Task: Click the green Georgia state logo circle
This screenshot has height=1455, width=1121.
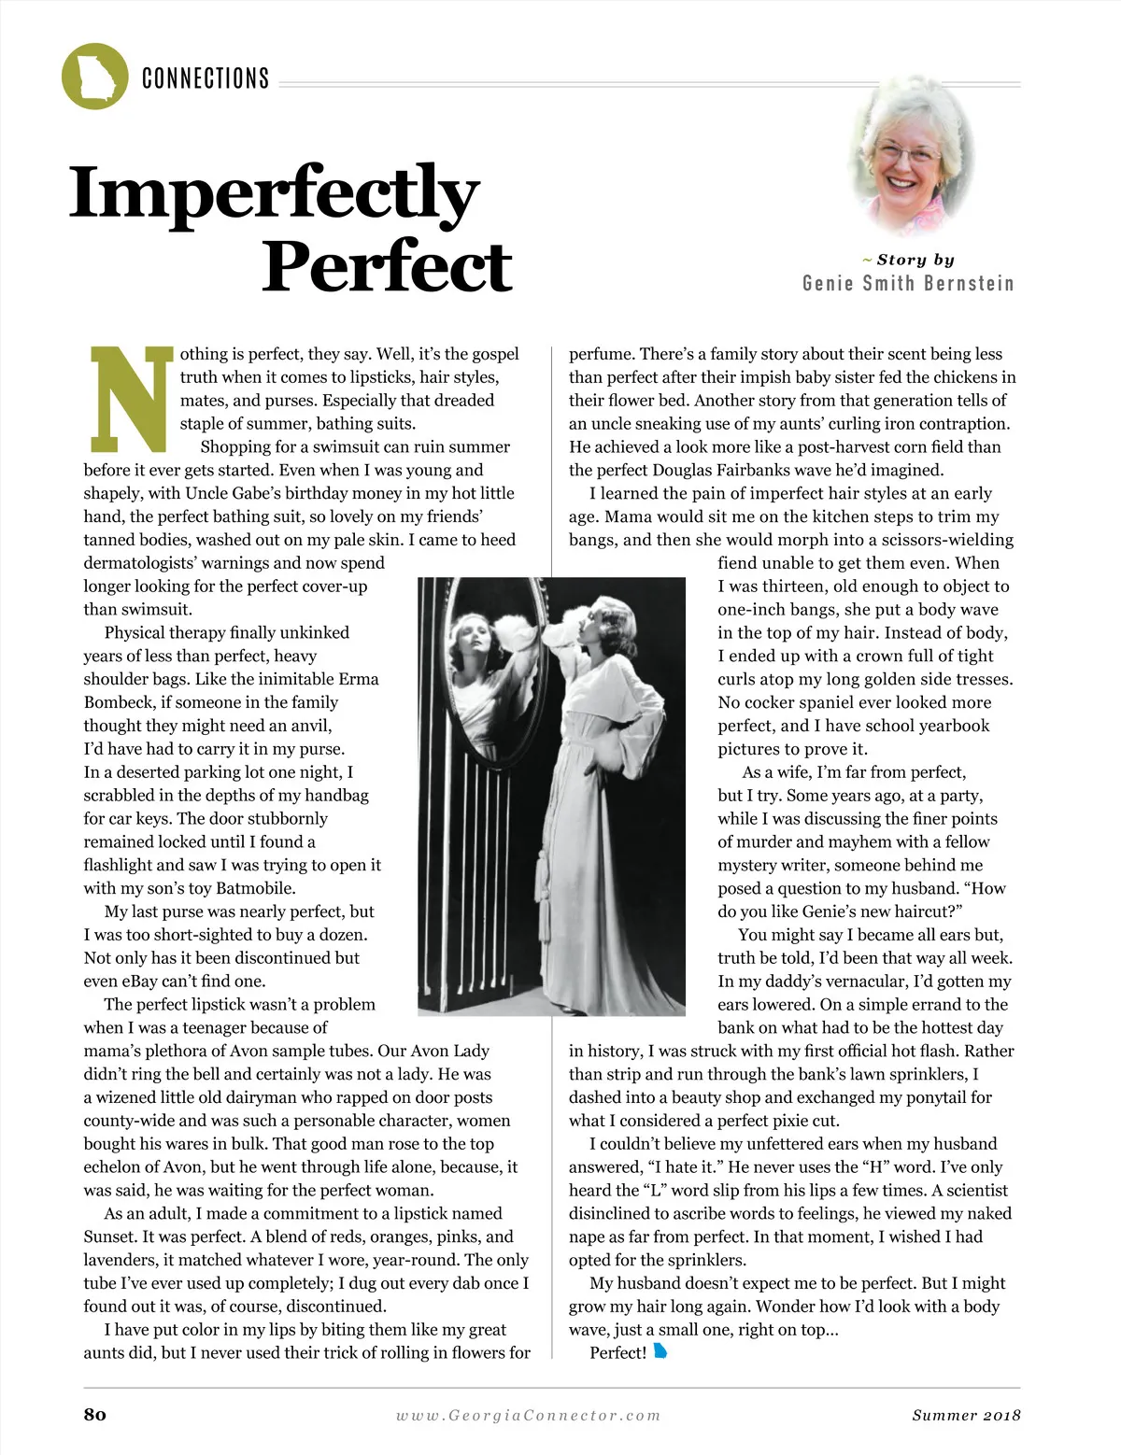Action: click(94, 76)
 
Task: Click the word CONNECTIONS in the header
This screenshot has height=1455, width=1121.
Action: click(206, 78)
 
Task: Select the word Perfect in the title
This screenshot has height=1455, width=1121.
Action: click(387, 266)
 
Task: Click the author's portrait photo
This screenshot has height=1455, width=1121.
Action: click(910, 155)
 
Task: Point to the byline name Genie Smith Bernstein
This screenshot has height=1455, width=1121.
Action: click(907, 284)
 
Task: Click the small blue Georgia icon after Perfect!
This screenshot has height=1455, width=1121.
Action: click(660, 1351)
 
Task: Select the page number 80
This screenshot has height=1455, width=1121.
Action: click(94, 1414)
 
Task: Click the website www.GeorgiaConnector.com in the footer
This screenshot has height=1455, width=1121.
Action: click(528, 1415)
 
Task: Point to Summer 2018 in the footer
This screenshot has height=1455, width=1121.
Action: click(966, 1415)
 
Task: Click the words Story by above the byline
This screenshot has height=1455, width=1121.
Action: click(915, 260)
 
